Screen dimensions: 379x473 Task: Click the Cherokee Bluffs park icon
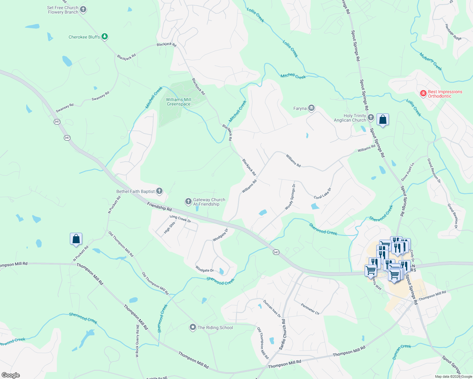pyautogui.click(x=105, y=37)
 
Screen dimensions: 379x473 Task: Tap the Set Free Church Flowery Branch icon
pyautogui.click(x=83, y=10)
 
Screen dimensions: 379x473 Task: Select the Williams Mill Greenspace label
pyautogui.click(x=179, y=102)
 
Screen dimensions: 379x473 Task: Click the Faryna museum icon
pyautogui.click(x=311, y=108)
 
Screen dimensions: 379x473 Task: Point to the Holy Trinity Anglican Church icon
pyautogui.click(x=371, y=118)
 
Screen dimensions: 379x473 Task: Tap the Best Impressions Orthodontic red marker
pyautogui.click(x=423, y=93)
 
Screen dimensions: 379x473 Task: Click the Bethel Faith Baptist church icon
pyautogui.click(x=159, y=191)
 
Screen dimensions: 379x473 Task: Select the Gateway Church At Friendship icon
pyautogui.click(x=188, y=202)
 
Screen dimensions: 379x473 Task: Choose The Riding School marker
pyautogui.click(x=193, y=328)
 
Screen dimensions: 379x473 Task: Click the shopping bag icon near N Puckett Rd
pyautogui.click(x=76, y=239)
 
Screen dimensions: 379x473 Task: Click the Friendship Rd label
pyautogui.click(x=159, y=207)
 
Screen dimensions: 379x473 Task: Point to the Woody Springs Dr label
pyautogui.click(x=290, y=197)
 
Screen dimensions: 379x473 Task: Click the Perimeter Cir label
pyautogui.click(x=310, y=309)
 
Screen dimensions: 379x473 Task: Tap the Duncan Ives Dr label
pyautogui.click(x=272, y=309)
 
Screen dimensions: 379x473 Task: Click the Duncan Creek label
pyautogui.click(x=402, y=352)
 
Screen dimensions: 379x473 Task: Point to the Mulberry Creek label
pyautogui.click(x=431, y=62)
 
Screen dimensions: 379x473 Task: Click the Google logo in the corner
pyautogui.click(x=11, y=375)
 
